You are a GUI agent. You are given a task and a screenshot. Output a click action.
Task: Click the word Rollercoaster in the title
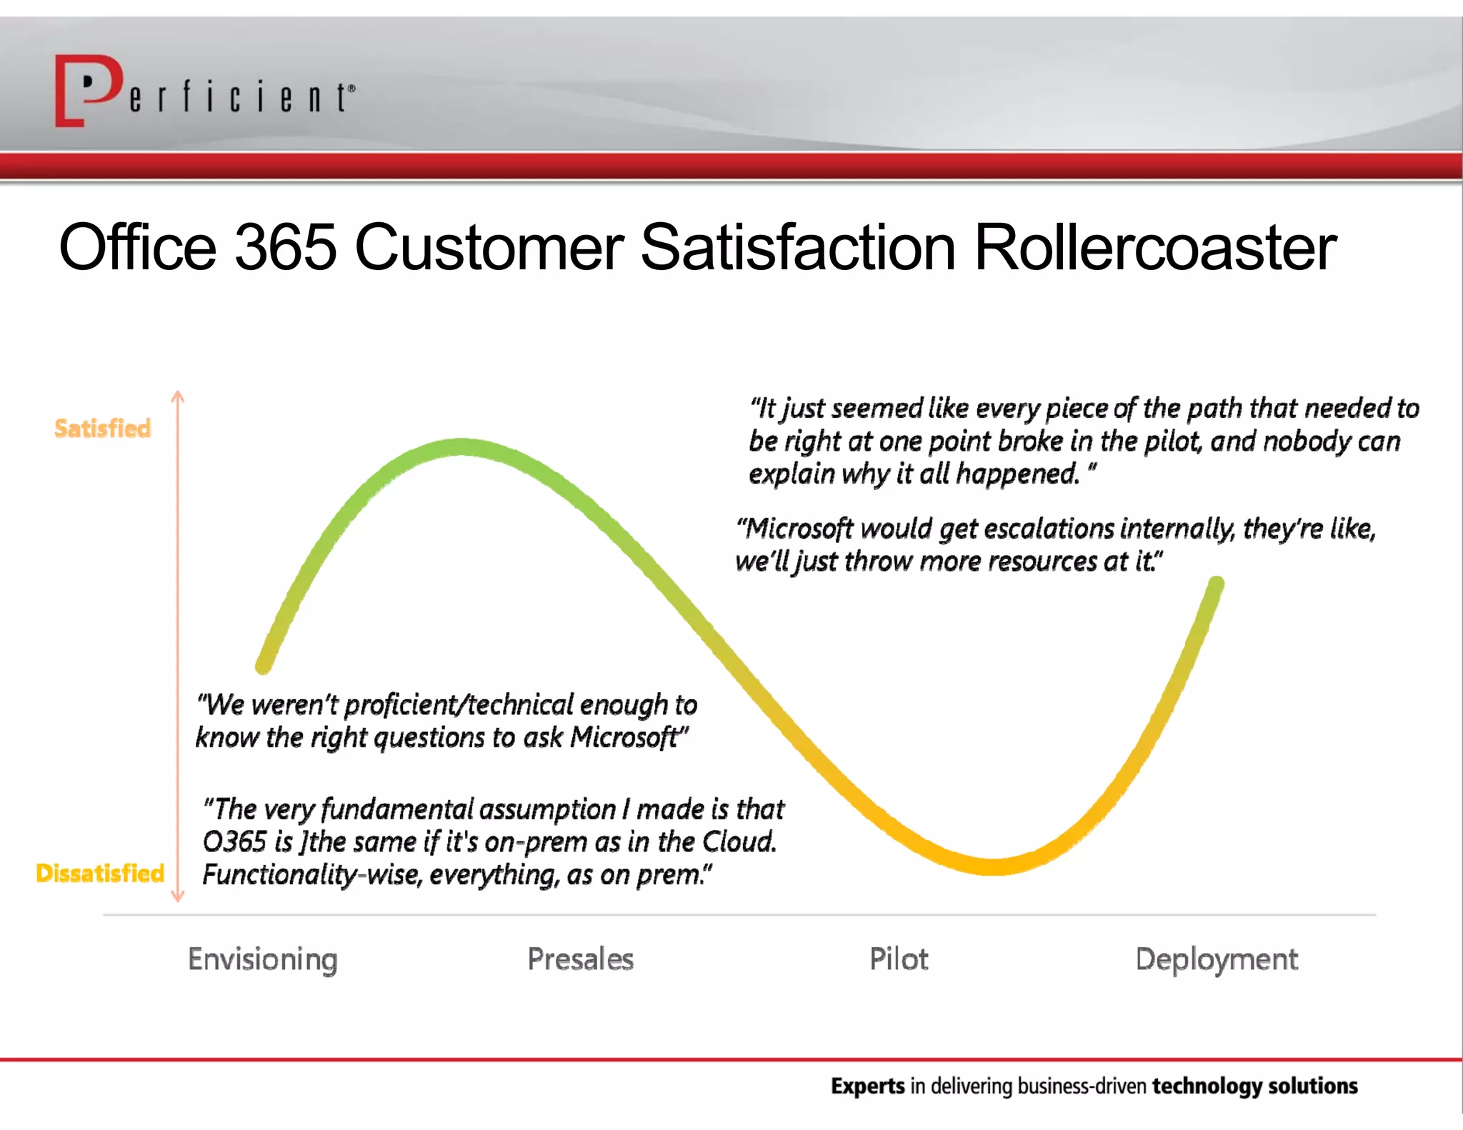[1154, 247]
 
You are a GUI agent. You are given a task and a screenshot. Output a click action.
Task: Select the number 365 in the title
[285, 247]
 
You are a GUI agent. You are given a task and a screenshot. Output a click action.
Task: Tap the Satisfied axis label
[103, 429]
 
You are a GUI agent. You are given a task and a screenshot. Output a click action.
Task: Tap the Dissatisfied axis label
[100, 873]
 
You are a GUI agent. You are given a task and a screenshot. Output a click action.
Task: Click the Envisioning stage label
[262, 959]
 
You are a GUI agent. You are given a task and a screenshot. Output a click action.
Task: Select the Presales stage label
[580, 959]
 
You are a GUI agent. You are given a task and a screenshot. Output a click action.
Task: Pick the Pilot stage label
[899, 959]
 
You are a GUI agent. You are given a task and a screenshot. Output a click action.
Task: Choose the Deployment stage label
[1217, 959]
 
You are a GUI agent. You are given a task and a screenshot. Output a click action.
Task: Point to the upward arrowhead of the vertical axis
[178, 396]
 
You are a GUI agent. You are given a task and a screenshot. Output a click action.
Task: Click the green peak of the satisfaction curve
[461, 447]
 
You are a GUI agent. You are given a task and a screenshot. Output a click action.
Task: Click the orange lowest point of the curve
[993, 866]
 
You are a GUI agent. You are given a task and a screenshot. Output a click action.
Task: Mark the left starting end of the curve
[264, 666]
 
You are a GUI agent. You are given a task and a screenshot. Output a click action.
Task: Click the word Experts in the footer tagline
[867, 1086]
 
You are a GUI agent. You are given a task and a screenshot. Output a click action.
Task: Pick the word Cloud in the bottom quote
[738, 842]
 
